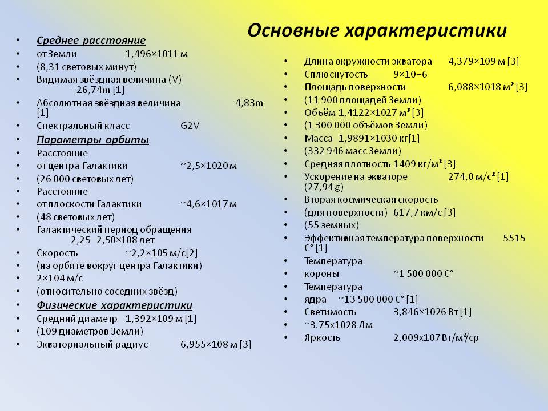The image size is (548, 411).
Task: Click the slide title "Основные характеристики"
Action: pos(377,30)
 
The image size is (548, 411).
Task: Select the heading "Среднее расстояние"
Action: pos(91,41)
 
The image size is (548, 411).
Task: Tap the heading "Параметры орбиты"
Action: pos(92,140)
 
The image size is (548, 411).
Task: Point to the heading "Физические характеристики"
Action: pos(114,305)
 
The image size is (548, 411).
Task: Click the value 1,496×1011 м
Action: pos(156,54)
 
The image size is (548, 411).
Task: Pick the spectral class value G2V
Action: pos(190,126)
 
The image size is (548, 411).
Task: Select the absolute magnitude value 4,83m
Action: pos(249,103)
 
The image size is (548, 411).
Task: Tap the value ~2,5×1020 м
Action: pos(208,166)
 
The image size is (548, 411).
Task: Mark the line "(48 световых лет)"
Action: pos(75,217)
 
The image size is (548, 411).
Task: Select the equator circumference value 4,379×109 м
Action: pos(476,61)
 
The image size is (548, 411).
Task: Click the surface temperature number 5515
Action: pos(514,238)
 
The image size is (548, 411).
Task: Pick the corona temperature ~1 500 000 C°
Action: pos(423,273)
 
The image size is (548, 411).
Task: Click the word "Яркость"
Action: pos(322,337)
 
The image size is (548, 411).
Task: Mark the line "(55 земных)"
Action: pos(331,224)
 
